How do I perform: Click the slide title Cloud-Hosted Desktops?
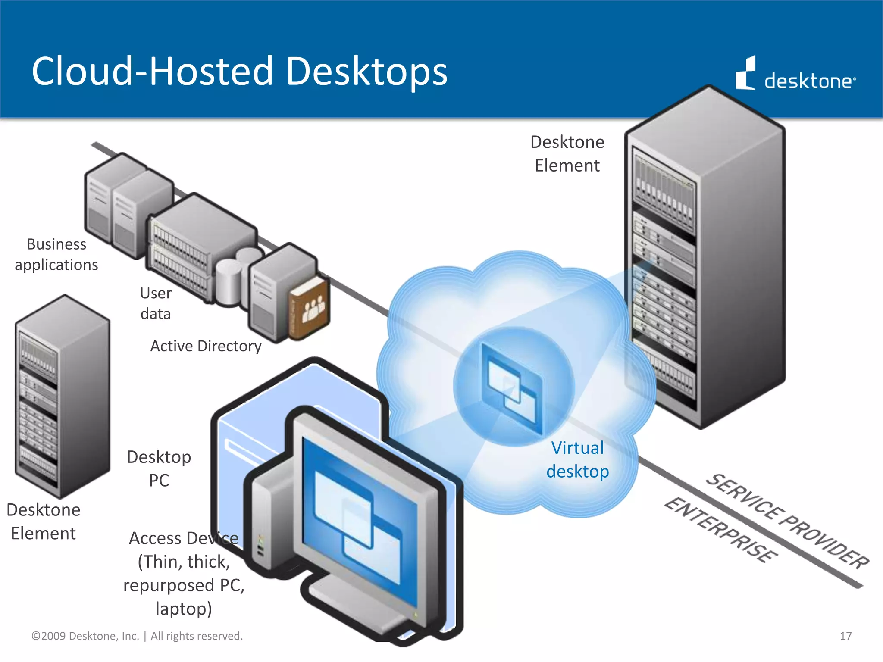coord(240,71)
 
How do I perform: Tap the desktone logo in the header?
coord(795,75)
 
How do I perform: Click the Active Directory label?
coord(206,346)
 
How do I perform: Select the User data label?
coord(156,303)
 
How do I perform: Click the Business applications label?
coord(56,254)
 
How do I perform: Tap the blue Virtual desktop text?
coord(577,460)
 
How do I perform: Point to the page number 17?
coord(845,636)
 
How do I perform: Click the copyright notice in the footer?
coord(137,636)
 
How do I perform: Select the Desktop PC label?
coord(159,468)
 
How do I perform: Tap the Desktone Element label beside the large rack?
coord(567,154)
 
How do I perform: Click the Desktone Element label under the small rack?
coord(44,521)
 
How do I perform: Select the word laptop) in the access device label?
coord(184,609)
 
